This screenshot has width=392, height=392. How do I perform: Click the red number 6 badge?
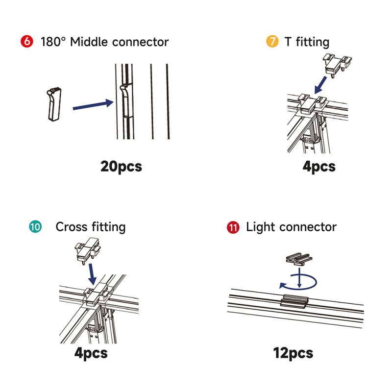pos(26,42)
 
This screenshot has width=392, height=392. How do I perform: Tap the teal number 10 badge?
pos(35,227)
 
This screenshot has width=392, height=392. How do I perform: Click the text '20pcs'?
pos(121,166)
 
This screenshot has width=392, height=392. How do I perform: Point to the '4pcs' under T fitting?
pos(319,166)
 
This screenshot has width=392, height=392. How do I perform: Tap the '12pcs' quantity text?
pos(293,352)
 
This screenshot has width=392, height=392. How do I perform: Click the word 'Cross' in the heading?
pos(72,227)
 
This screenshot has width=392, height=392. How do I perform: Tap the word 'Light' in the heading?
pos(260,227)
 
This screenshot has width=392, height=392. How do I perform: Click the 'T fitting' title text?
pos(307,42)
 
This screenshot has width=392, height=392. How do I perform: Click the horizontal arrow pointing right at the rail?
pos(93,105)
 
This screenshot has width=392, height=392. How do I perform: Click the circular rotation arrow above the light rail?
pos(298,282)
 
